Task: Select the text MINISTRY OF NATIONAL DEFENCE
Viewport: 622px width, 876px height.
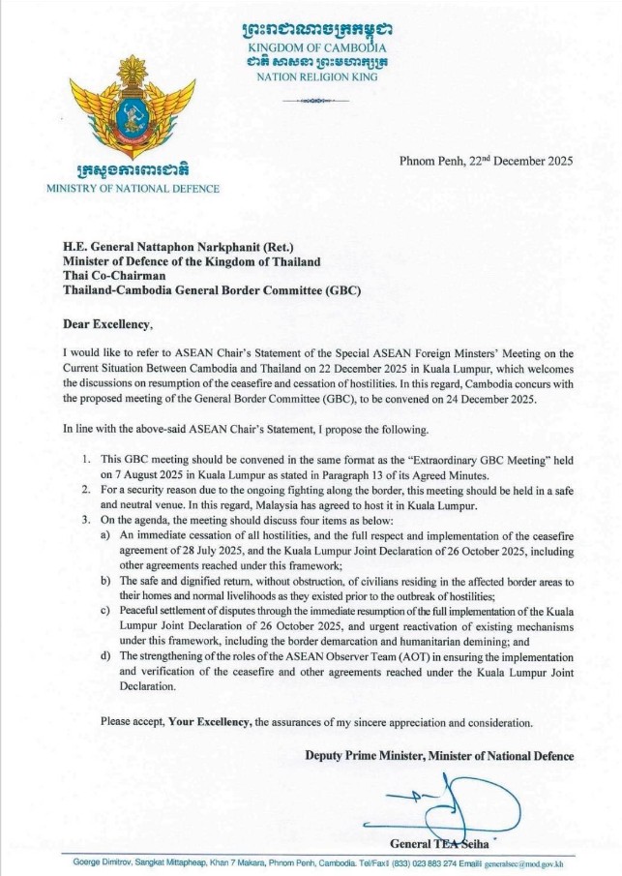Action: click(x=133, y=188)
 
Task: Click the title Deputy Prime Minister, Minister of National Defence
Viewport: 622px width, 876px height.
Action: click(x=439, y=755)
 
